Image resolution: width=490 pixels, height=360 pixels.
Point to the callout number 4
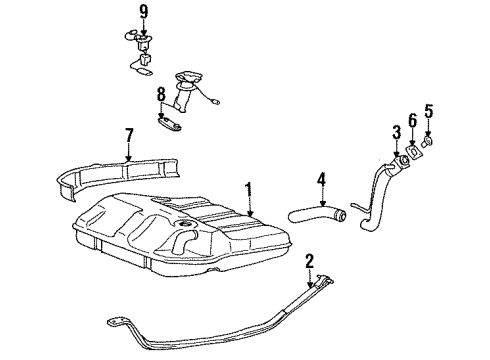[320, 180]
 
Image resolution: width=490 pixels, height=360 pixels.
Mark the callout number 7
[129, 135]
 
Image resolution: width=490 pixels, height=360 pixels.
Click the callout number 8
[159, 96]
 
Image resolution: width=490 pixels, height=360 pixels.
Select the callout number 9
[143, 13]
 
